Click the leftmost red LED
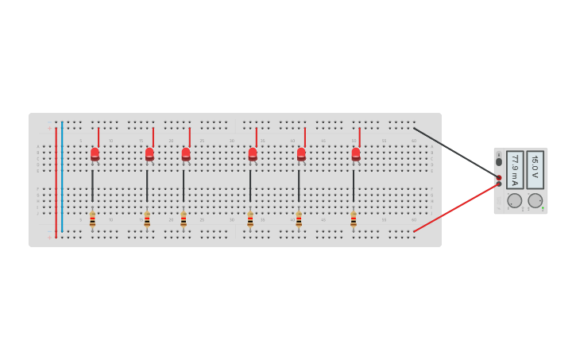click(95, 153)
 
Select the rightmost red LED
click(356, 153)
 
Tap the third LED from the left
click(186, 153)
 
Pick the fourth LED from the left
click(253, 153)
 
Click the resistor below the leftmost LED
click(92, 219)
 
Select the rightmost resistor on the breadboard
click(354, 219)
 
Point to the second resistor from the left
click(147, 219)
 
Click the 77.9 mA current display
click(515, 170)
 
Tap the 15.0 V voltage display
click(535, 170)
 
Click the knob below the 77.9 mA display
click(515, 201)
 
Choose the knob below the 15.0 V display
click(535, 201)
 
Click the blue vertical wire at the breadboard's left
click(62, 179)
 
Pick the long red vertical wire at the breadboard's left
click(56, 179)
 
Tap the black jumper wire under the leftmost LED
click(92, 186)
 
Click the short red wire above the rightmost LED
click(359, 137)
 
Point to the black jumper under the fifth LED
click(299, 186)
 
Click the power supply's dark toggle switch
click(499, 161)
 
